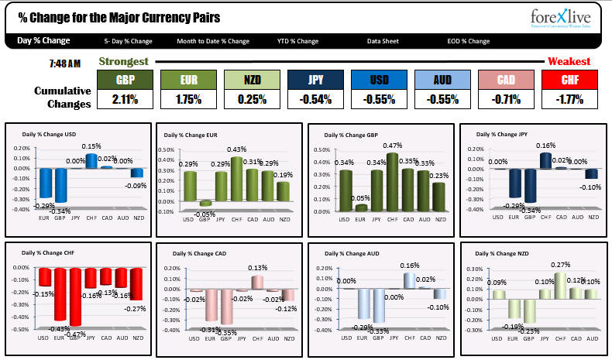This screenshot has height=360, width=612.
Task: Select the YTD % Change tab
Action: [298, 41]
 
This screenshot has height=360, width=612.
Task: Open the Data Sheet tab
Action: [384, 41]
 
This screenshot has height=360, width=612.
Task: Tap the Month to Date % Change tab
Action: [213, 41]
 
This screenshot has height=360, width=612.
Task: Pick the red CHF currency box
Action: [569, 80]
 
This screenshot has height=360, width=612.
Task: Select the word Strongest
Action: [124, 60]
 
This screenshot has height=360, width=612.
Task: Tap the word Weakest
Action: [569, 61]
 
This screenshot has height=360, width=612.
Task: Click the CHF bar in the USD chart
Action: [91, 160]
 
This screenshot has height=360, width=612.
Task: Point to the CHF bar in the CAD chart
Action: [258, 281]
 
